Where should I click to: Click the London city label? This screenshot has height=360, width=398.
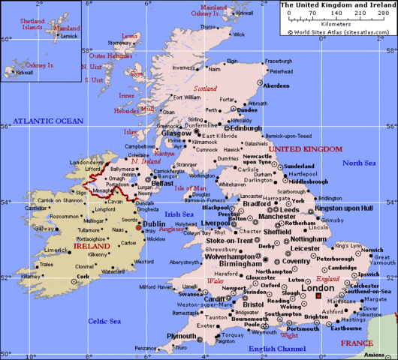[x=315, y=288]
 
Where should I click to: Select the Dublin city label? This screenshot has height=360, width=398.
[x=154, y=223]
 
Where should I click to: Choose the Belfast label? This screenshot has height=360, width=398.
[x=162, y=182]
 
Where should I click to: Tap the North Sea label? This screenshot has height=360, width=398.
[x=359, y=163]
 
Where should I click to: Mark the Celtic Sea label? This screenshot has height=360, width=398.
[x=104, y=321]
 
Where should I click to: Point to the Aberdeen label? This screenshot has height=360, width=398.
[x=276, y=85]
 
